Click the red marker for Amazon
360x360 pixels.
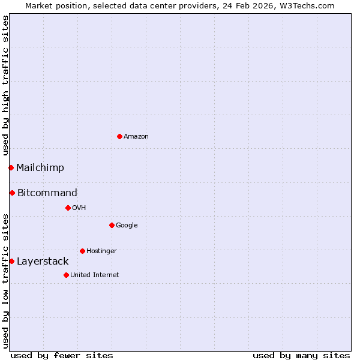119,136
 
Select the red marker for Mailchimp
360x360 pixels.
11,167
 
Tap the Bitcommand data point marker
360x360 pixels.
12,193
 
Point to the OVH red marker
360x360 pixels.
68,208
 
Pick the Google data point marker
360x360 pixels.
112,225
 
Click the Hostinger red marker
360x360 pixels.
82,251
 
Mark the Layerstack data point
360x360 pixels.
11,261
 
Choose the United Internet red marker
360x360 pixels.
66,275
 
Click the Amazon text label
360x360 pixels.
136,137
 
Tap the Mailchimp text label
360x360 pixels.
40,167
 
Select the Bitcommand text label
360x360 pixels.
47,193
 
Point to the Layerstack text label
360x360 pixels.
43,261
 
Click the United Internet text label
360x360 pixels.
95,275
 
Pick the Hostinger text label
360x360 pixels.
101,251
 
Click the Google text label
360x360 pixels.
127,225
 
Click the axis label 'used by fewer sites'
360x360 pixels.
62,355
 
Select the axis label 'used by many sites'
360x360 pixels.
301,355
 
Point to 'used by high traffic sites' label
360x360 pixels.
6,86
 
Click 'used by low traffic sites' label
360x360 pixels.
6,280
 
